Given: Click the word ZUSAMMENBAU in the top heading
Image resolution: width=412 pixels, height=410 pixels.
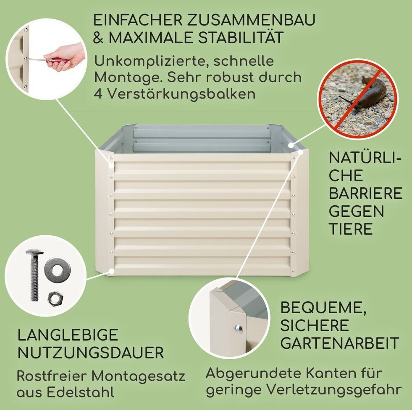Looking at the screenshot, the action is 251,21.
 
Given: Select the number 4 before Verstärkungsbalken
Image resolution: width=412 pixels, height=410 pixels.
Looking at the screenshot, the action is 98,93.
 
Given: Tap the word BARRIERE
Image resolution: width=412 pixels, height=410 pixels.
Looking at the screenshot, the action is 365,193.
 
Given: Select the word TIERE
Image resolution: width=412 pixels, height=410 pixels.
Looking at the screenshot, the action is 351,229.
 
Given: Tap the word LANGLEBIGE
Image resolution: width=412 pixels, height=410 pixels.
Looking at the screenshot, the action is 68,335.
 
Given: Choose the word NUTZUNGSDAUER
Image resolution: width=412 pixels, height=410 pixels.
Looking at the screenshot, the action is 91,353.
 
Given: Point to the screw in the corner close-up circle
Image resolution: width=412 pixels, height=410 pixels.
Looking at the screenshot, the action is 238,327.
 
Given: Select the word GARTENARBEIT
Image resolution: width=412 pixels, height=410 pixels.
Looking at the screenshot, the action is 340,343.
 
